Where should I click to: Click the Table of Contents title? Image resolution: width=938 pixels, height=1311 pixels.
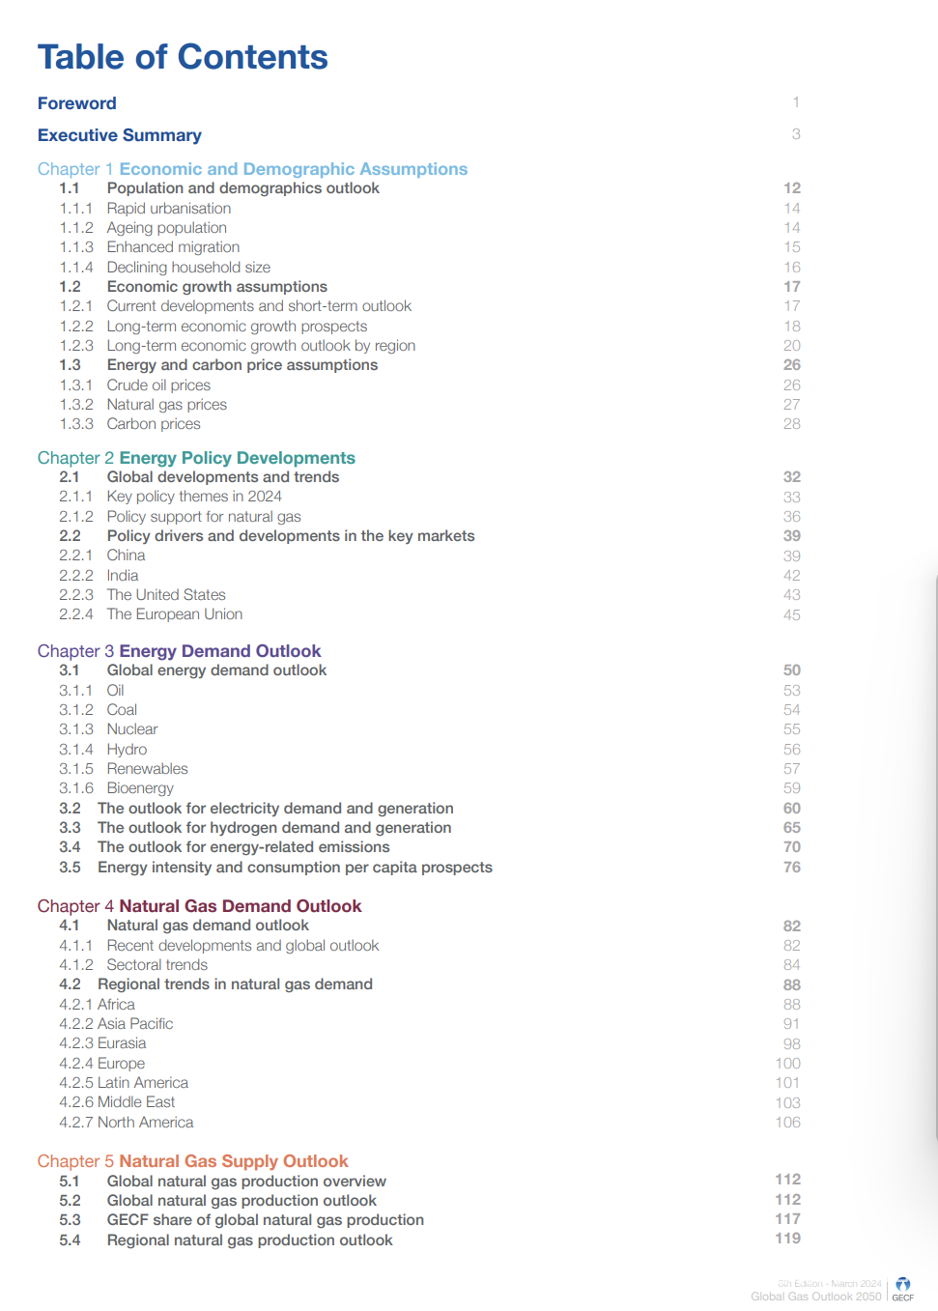point(183,57)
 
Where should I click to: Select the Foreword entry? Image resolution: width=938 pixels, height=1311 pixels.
point(77,103)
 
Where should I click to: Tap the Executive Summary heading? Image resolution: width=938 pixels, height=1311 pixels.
point(120,135)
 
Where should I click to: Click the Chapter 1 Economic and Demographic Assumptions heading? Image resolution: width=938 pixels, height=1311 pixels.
point(252,169)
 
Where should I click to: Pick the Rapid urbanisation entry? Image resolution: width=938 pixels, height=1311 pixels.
point(169,209)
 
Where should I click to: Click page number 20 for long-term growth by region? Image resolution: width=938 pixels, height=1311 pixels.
point(792,346)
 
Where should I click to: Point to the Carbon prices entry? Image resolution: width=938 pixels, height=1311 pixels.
point(154,424)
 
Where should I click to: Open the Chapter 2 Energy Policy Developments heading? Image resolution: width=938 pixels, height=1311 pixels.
point(196,458)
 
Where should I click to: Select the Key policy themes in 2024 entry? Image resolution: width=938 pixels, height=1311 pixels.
point(194,497)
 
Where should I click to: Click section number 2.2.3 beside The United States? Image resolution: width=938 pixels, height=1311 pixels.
point(76,595)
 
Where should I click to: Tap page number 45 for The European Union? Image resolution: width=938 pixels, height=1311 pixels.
point(792,614)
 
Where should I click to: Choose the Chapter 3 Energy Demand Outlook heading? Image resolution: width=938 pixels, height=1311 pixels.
point(179,651)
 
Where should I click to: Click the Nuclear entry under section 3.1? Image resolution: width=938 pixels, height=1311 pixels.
point(132,729)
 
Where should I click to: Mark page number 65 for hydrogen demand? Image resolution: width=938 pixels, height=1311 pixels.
point(792,828)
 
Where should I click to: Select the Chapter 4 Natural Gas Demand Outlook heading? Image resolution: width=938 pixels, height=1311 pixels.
point(199,906)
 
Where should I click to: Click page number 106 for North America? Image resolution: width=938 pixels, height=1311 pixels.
point(788,1123)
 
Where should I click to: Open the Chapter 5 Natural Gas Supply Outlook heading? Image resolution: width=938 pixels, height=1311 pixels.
point(192,1161)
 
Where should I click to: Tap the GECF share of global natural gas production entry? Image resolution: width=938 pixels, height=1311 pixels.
point(266,1220)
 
